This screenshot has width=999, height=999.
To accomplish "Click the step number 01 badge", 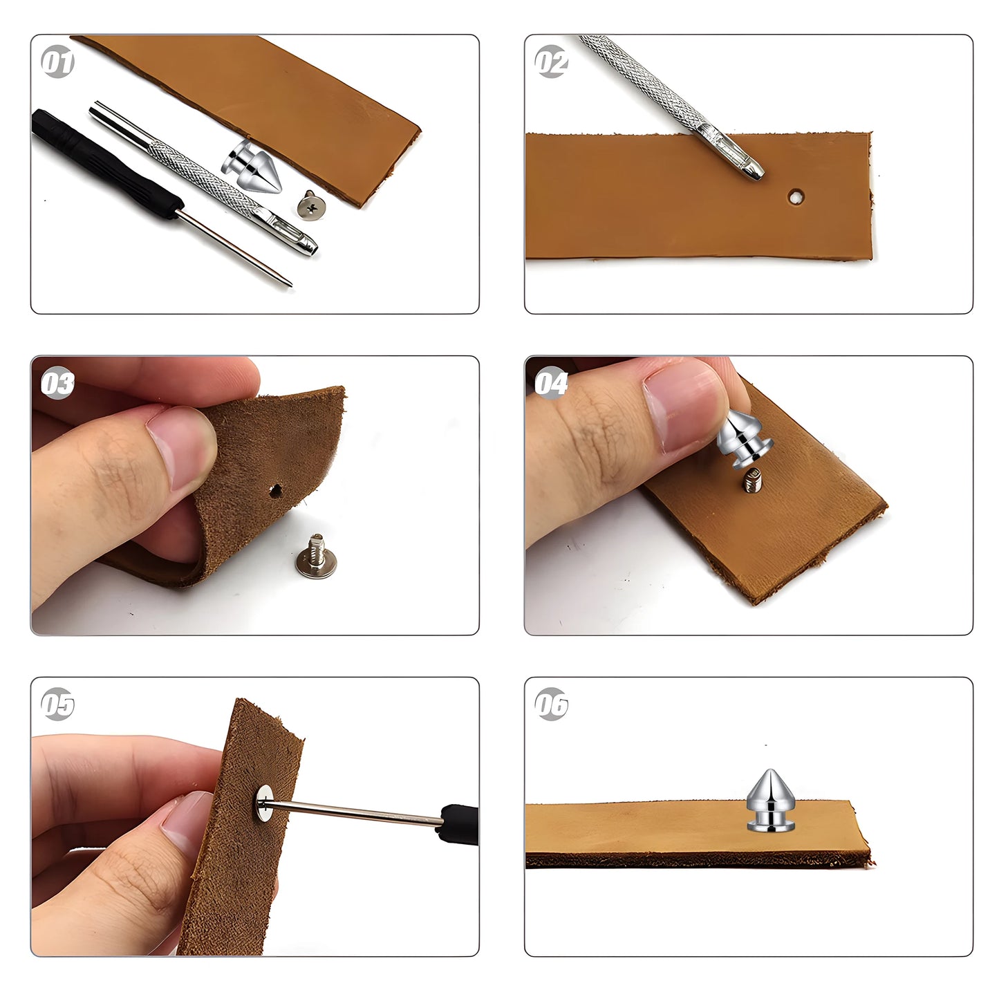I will pyautogui.click(x=57, y=63).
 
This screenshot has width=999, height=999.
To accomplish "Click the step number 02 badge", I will pyautogui.click(x=551, y=63).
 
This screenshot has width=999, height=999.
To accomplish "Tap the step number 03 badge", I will pyautogui.click(x=57, y=384).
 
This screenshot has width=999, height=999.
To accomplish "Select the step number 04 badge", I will pyautogui.click(x=551, y=384).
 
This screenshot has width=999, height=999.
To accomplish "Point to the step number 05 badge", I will pyautogui.click(x=57, y=705).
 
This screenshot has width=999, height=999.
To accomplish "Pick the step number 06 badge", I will pyautogui.click(x=551, y=705).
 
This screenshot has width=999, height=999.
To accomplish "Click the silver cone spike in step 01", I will pyautogui.click(x=245, y=167).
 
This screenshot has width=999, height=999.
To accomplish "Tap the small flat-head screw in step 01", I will pyautogui.click(x=310, y=205).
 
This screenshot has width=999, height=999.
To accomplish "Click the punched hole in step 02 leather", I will pyautogui.click(x=796, y=197).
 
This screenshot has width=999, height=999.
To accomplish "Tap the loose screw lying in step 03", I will pyautogui.click(x=312, y=556).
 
